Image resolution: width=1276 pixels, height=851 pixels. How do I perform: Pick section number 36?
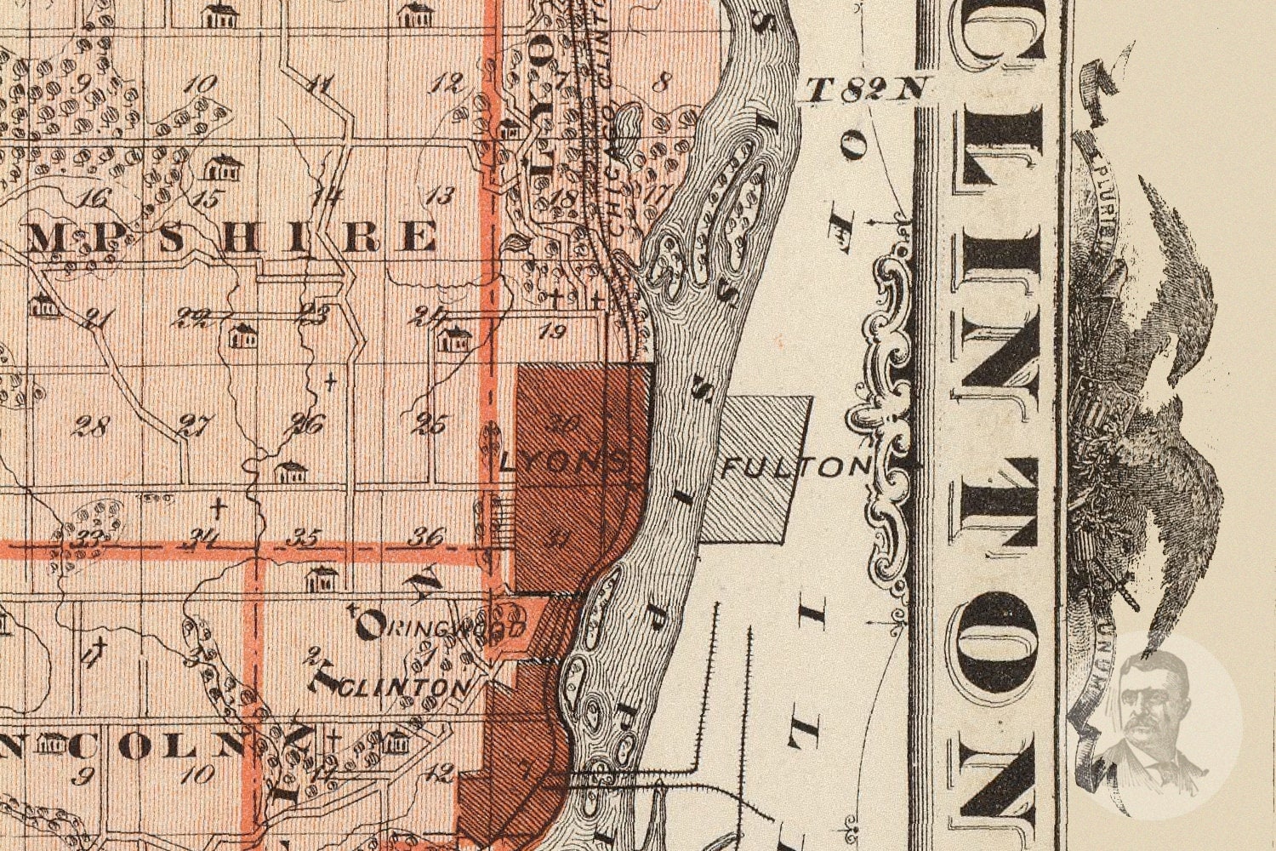tap(425, 537)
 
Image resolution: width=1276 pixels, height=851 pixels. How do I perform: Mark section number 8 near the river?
tap(665, 83)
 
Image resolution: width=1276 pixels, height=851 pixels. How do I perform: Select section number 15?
tap(207, 198)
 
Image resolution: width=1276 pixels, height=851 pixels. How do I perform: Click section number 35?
tap(303, 537)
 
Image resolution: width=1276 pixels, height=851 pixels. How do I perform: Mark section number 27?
tap(196, 425)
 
